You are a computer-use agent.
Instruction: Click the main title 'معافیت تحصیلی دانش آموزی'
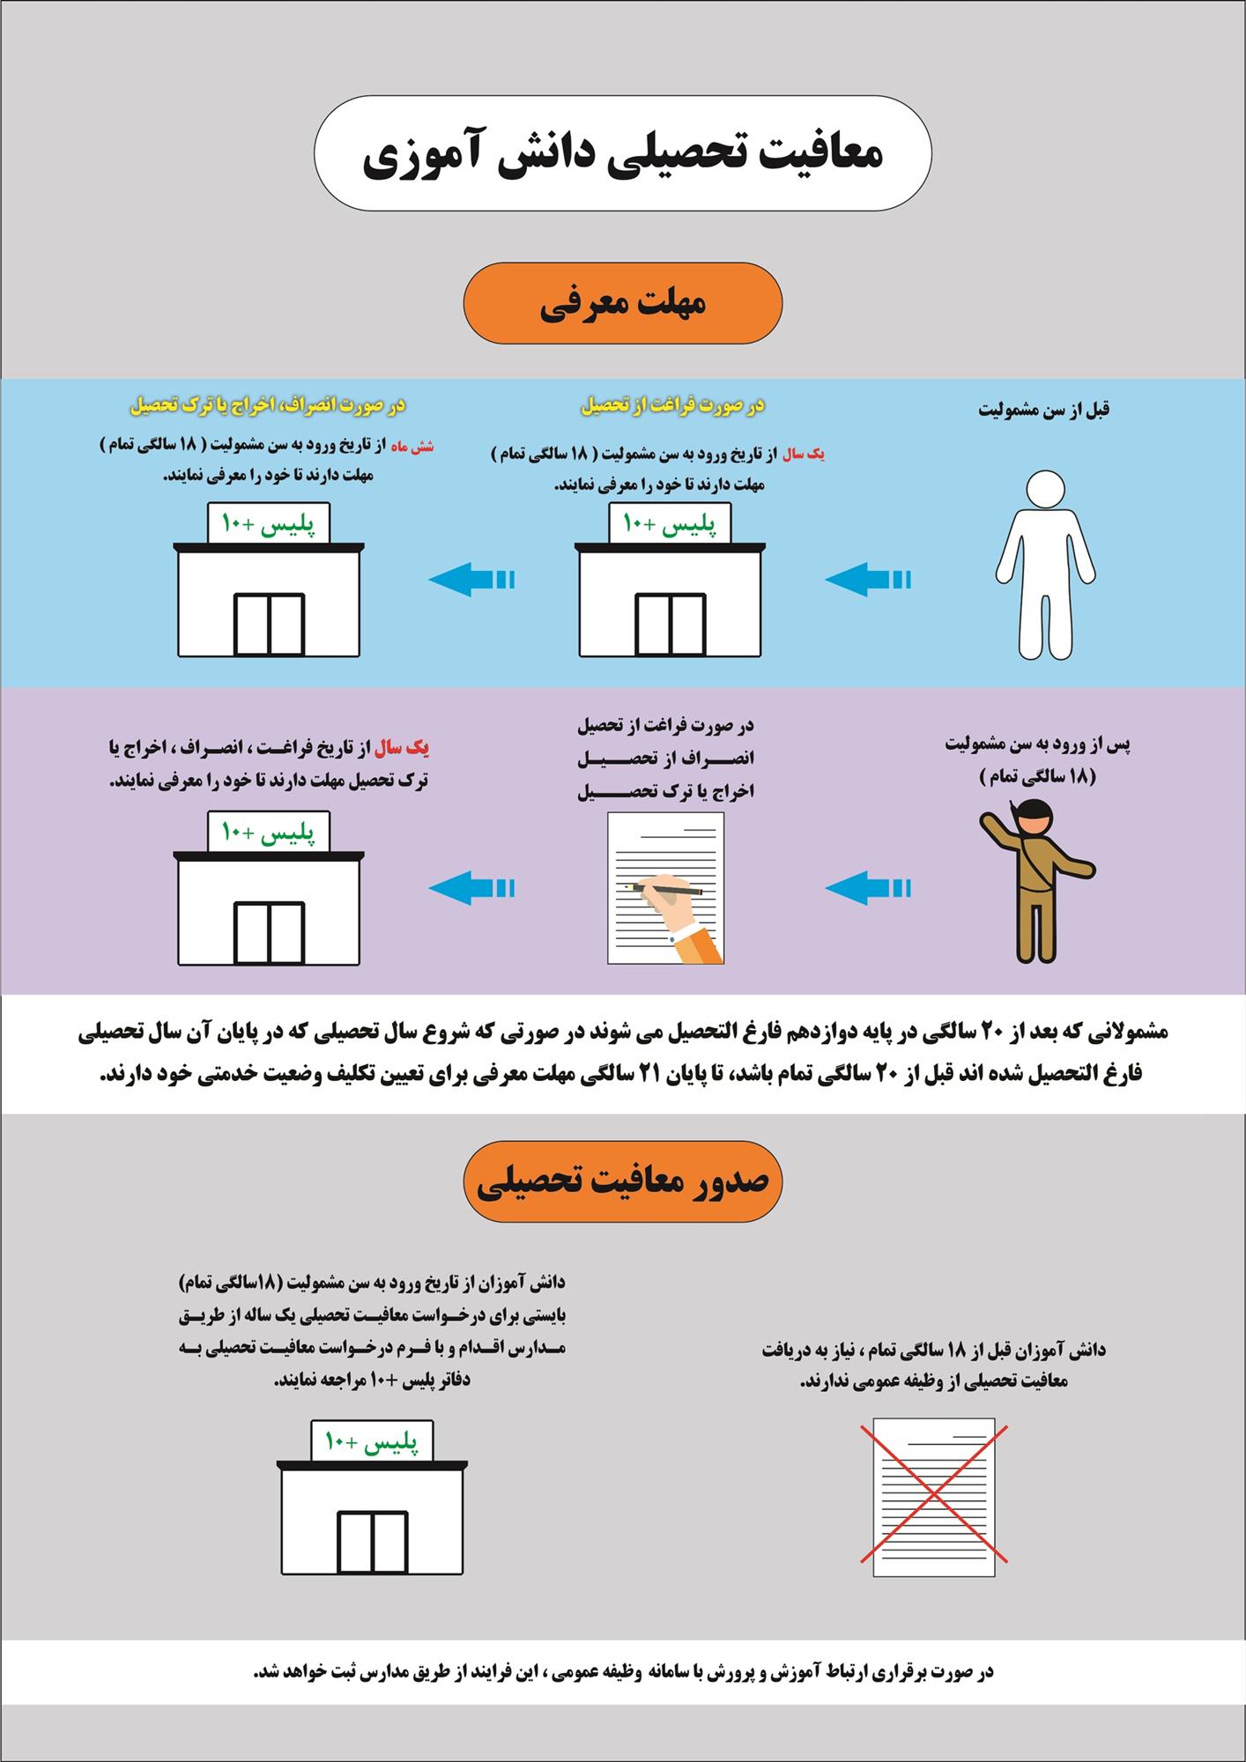coord(622,153)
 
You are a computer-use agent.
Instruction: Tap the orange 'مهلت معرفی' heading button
coord(622,303)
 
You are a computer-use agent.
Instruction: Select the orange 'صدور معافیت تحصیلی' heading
coord(622,1181)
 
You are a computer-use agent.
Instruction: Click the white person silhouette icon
coord(1045,564)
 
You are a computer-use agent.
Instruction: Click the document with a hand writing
coord(666,887)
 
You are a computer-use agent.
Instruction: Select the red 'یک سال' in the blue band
coord(804,455)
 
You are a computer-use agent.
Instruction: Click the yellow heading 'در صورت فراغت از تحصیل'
coord(671,406)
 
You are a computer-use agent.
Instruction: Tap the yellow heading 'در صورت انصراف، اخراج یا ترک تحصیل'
coord(268,406)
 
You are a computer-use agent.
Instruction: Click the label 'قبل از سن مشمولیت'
coord(1043,411)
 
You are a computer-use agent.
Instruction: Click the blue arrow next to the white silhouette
coord(868,580)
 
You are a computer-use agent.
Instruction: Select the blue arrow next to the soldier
coord(868,887)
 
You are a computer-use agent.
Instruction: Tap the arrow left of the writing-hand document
coord(471,887)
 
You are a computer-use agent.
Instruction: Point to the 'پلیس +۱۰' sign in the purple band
coord(268,832)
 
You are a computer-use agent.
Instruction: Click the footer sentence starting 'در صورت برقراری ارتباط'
coord(622,1671)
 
